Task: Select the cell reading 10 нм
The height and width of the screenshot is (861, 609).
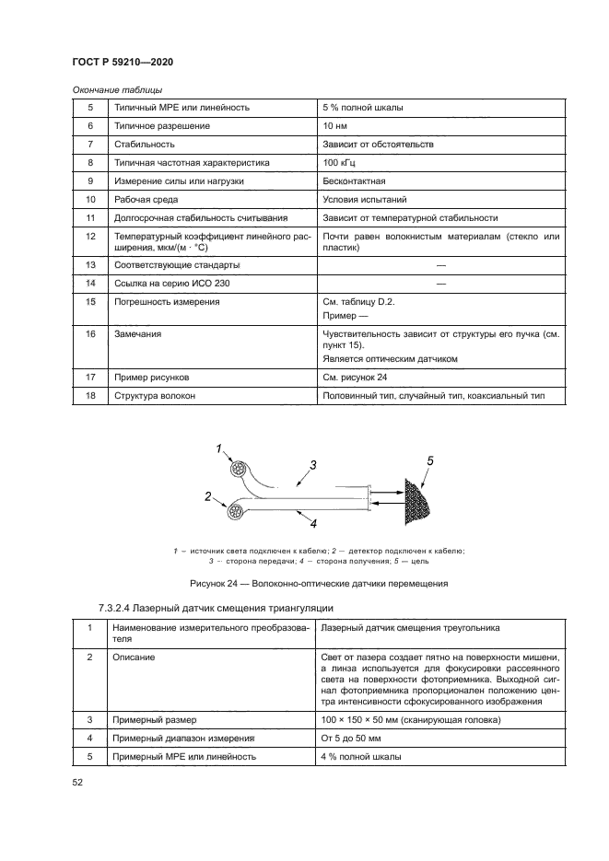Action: point(335,126)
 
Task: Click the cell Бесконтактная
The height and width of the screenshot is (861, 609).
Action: point(353,181)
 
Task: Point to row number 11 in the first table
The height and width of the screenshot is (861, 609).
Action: point(90,218)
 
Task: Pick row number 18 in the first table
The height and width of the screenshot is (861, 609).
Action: point(90,396)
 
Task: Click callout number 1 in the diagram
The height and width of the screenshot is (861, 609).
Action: point(219,448)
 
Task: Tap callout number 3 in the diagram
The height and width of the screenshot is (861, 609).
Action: point(313,464)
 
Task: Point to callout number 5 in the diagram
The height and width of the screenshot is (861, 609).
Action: point(430,459)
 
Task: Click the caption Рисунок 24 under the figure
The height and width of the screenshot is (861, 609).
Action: point(319,583)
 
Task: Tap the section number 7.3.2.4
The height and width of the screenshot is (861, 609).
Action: point(123,608)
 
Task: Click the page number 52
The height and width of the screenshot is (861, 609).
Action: point(77,782)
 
